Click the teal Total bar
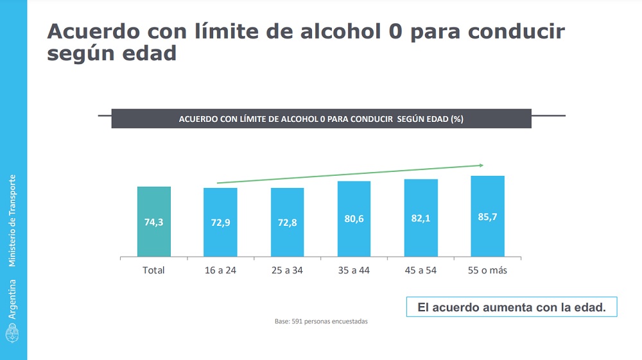(x=154, y=221)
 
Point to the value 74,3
(x=154, y=222)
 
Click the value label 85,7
(x=487, y=217)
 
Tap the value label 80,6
(x=354, y=219)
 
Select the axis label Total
(x=153, y=270)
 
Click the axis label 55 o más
(x=487, y=270)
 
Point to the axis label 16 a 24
(x=220, y=270)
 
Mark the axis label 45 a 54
(x=421, y=270)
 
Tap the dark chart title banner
(x=321, y=119)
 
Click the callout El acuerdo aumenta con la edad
(x=511, y=307)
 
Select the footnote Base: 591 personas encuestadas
(x=321, y=321)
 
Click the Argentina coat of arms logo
(x=13, y=332)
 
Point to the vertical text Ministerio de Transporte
(x=13, y=220)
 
